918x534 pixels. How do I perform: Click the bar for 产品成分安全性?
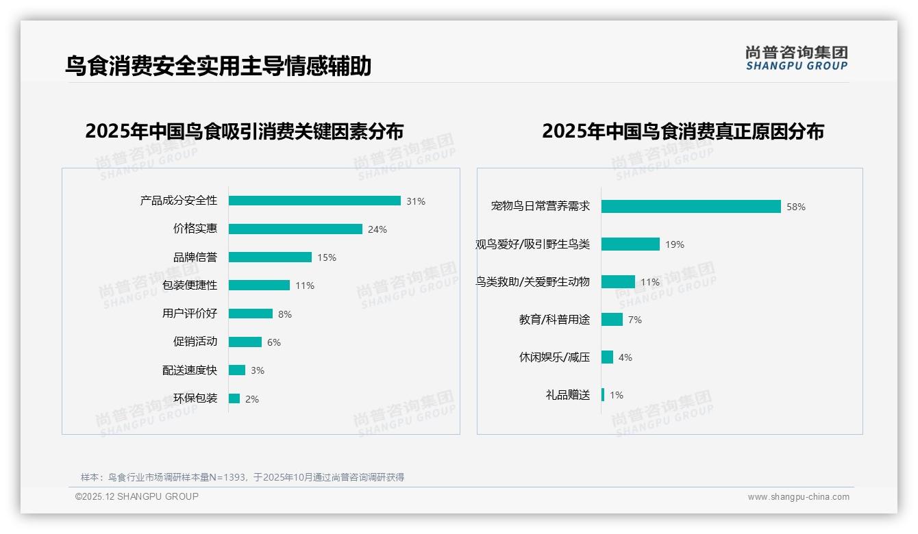point(314,201)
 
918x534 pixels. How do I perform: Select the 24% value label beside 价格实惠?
point(377,229)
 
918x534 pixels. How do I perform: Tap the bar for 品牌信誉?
point(270,257)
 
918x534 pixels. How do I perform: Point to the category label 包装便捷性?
point(190,285)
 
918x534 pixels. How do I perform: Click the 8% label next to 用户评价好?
point(285,314)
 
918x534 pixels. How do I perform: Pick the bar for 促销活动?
point(245,342)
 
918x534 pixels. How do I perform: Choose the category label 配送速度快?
point(190,370)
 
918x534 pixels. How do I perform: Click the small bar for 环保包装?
point(234,398)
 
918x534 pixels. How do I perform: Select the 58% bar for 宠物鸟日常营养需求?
point(691,206)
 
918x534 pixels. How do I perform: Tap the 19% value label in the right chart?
point(675,244)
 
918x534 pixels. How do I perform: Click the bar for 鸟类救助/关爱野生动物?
point(618,281)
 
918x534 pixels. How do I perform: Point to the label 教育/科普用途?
point(554,320)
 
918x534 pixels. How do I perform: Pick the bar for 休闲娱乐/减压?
point(607,357)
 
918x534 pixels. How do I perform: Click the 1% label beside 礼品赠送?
point(617,395)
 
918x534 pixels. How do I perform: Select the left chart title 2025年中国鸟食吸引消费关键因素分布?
point(245,131)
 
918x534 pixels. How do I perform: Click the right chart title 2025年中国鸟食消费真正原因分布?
point(682,131)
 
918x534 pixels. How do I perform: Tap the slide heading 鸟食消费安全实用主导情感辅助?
point(218,66)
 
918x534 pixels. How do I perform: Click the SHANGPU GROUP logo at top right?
point(797,58)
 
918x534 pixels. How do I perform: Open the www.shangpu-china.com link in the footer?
point(798,497)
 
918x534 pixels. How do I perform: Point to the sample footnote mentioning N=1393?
point(243,477)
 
